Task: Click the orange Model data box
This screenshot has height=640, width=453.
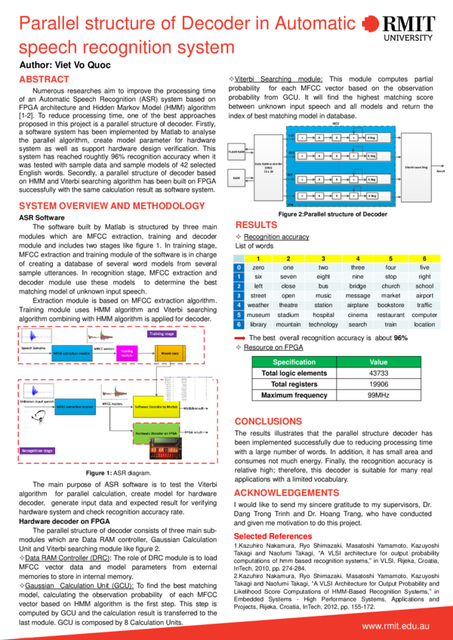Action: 170,352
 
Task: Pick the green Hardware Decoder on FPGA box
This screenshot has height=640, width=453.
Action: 157,433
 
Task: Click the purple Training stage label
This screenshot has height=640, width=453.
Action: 163,333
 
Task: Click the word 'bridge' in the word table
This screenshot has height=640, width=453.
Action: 358,287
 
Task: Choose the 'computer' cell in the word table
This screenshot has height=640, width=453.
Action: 424,314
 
